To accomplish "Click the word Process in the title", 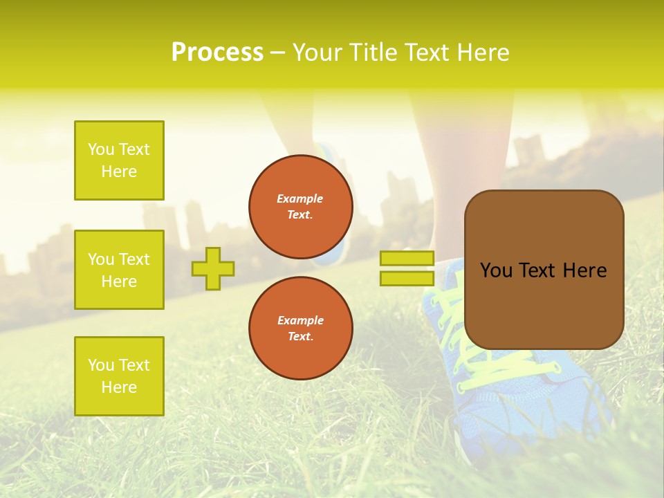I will [x=217, y=53].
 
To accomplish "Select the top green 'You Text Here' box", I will [x=119, y=160].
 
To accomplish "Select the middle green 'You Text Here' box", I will [x=119, y=270].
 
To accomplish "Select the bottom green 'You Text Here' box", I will [x=119, y=376].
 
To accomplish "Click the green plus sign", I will [x=213, y=268].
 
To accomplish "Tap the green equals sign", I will [x=407, y=268].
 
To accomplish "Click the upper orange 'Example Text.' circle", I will [x=301, y=207].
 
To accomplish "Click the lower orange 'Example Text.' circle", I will [x=301, y=329].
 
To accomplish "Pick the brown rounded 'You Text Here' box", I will [x=544, y=270].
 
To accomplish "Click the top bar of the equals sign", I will [x=407, y=259].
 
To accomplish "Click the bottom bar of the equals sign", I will [x=407, y=279].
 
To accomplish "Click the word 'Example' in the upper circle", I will [x=300, y=199].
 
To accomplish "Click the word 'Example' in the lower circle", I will [x=300, y=320].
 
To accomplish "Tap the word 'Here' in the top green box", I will [x=119, y=172].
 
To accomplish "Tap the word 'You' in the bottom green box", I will [x=101, y=365].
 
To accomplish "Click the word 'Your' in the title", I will [x=318, y=53].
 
